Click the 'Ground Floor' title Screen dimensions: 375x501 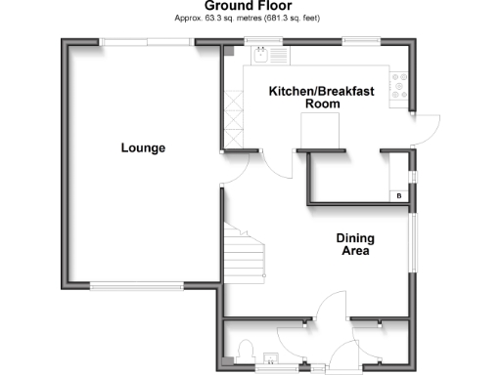pyautogui.click(x=250, y=6)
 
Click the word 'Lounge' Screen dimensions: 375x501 pyautogui.click(x=143, y=148)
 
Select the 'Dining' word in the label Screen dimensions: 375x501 pyautogui.click(x=354, y=237)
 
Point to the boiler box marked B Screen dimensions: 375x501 pyautogui.click(x=398, y=196)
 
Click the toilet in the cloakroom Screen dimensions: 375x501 pyautogui.click(x=245, y=350)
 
